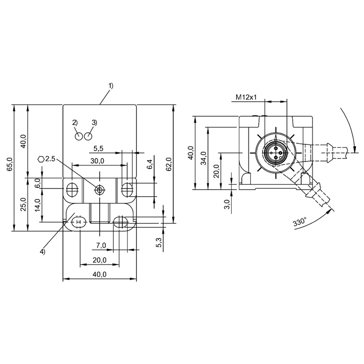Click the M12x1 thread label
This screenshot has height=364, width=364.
click(246, 97)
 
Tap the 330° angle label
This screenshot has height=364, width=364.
click(300, 222)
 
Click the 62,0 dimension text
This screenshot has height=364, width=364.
click(169, 164)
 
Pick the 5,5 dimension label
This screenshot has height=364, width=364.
click(98, 149)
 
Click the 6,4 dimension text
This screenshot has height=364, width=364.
click(151, 164)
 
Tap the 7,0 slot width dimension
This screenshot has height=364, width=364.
click(101, 245)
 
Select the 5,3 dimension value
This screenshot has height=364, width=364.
click(159, 243)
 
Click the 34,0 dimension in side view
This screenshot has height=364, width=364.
click(203, 158)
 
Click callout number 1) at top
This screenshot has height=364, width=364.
click(111, 86)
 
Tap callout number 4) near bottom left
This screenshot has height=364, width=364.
click(43, 252)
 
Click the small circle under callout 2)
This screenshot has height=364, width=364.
click(79, 136)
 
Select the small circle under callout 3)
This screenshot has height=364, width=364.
click(88, 136)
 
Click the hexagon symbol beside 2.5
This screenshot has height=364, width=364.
click(41, 159)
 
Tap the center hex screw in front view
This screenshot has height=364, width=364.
click(100, 190)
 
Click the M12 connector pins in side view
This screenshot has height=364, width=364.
click(276, 153)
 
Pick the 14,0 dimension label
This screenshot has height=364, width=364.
click(38, 205)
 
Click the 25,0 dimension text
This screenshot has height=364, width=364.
click(24, 204)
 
